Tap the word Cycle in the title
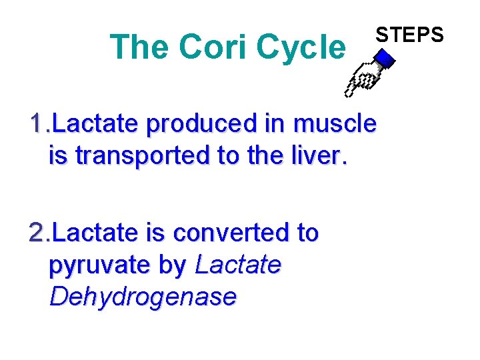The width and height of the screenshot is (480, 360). [301, 47]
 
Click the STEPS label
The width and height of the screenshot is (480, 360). [409, 33]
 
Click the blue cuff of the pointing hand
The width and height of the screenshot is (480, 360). [385, 62]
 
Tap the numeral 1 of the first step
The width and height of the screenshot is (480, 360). [37, 124]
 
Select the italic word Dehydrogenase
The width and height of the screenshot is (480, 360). [143, 297]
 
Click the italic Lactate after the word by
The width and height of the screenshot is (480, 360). [238, 265]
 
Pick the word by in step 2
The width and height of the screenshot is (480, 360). [173, 265]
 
